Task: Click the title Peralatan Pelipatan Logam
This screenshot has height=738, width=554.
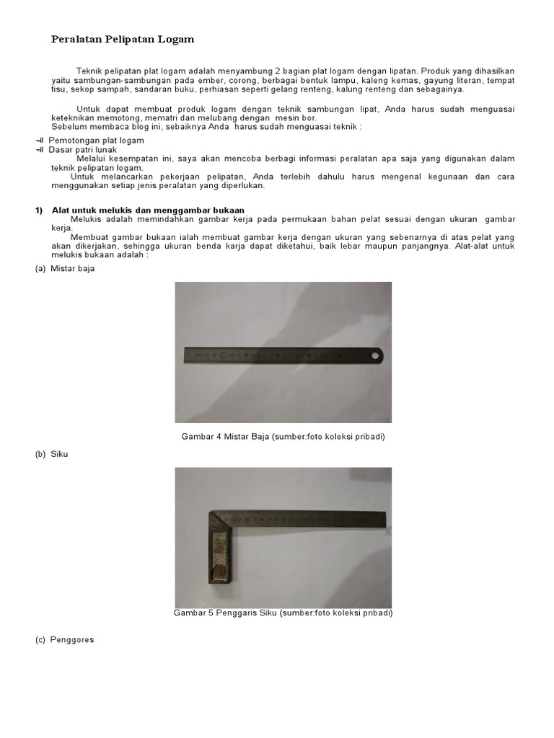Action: (x=123, y=40)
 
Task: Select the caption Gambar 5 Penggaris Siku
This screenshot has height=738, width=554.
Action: (x=283, y=613)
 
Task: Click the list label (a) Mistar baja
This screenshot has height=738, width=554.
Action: (x=65, y=269)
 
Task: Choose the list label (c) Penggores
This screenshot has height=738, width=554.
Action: (x=64, y=639)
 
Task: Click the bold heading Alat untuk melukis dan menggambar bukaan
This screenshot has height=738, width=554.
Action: (x=148, y=210)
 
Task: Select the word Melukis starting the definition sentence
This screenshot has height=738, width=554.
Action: (x=87, y=218)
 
